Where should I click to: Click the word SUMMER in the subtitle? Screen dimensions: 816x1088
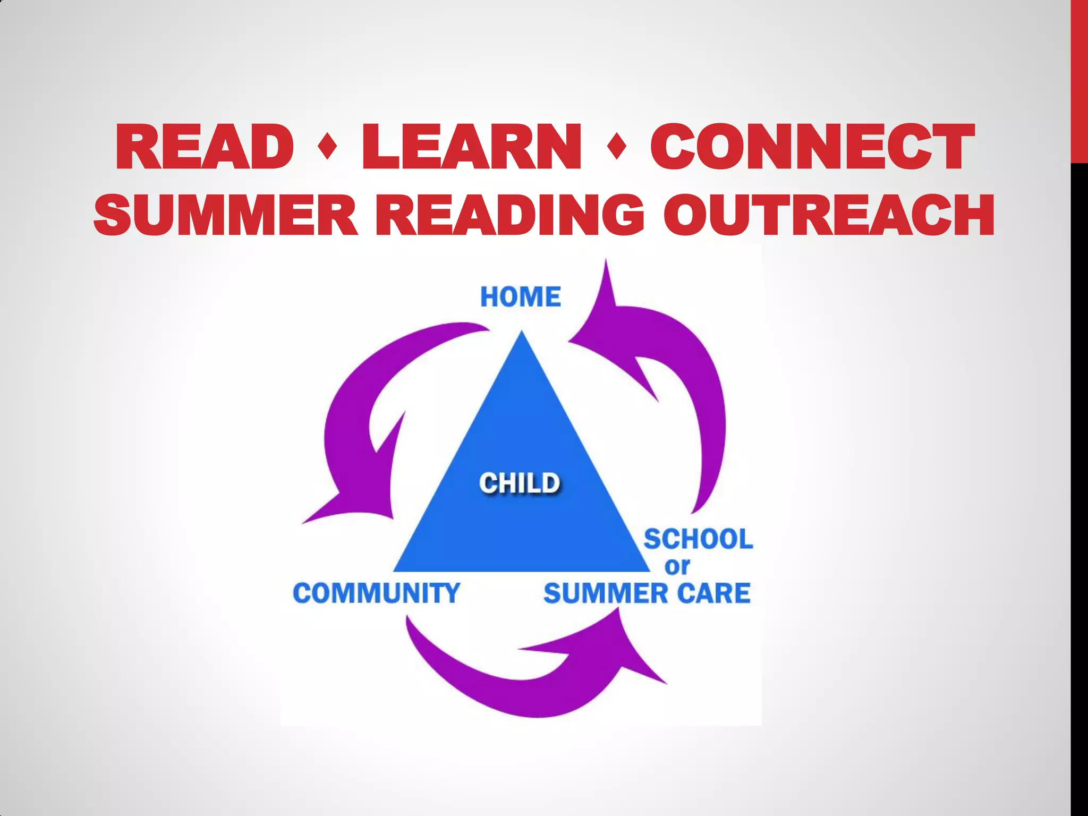pos(226,215)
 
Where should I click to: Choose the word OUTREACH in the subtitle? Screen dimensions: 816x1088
pos(829,215)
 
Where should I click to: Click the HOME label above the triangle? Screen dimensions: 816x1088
pos(521,297)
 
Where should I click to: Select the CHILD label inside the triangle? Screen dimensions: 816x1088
pos(520,483)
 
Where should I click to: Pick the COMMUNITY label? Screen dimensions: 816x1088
pos(376,593)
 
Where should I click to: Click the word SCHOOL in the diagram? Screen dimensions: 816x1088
pos(699,539)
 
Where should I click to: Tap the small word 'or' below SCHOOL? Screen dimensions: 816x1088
pos(677,567)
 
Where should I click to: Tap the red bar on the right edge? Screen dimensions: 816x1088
pos(1079,80)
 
